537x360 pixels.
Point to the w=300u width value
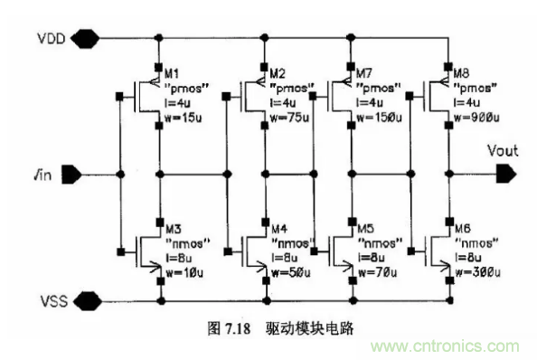point(480,270)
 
